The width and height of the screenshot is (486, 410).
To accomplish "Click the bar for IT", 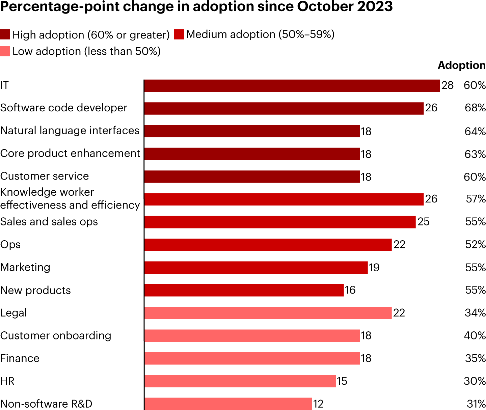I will pyautogui.click(x=292, y=86).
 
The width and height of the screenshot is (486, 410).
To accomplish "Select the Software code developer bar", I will pyautogui.click(x=284, y=108).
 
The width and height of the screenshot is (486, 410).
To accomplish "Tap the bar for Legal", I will pyautogui.click(x=268, y=313).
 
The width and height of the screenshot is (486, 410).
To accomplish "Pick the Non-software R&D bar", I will pyautogui.click(x=228, y=404).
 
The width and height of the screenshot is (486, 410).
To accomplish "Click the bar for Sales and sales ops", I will pyautogui.click(x=280, y=222).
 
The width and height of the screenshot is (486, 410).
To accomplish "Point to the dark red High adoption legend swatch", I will pyautogui.click(x=5, y=34).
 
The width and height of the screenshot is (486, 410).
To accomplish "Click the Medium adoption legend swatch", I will pyautogui.click(x=179, y=34).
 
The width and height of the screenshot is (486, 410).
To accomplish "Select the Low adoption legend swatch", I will pyautogui.click(x=5, y=51).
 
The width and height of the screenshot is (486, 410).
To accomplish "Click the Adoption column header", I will pyautogui.click(x=461, y=65).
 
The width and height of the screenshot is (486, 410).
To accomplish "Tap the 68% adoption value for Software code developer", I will pyautogui.click(x=475, y=108).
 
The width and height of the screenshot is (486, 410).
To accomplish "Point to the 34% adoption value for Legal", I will pyautogui.click(x=475, y=313).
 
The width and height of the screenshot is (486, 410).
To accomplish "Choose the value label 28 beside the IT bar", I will pyautogui.click(x=448, y=86).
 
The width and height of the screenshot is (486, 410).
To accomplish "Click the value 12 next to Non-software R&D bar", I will pyautogui.click(x=318, y=404).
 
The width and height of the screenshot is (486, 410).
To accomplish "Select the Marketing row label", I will pyautogui.click(x=25, y=267).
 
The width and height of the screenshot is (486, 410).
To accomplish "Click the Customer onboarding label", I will pyautogui.click(x=56, y=336).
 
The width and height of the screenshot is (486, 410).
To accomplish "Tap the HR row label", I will pyautogui.click(x=7, y=381).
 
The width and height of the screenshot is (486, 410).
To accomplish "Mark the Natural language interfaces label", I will pyautogui.click(x=70, y=131).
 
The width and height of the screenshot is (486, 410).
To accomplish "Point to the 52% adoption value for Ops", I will pyautogui.click(x=475, y=245).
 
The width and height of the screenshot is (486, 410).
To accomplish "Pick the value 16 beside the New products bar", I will pyautogui.click(x=350, y=290).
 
